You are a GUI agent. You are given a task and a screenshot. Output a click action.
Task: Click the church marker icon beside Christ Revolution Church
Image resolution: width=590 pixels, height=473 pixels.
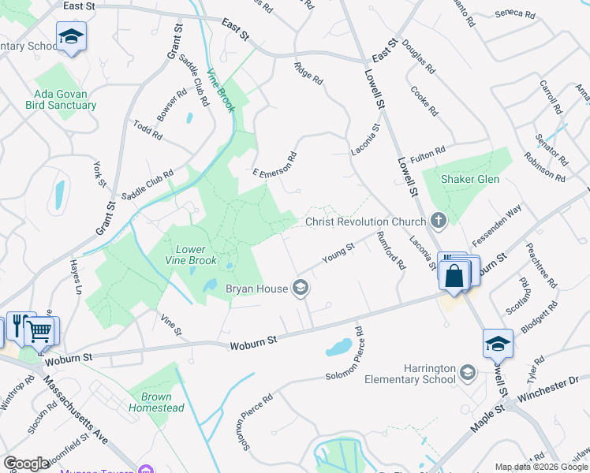pos(439,222)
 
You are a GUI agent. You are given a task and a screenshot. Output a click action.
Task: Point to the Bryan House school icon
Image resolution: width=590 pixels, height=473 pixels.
pos(300,289)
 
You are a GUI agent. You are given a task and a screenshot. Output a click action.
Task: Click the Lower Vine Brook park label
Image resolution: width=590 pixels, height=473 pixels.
pos(190,255)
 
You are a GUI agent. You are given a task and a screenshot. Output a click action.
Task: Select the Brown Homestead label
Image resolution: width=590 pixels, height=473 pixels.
pos(162,402)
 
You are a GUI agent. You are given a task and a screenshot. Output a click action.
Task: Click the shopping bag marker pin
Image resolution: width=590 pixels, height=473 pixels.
pos(454,275)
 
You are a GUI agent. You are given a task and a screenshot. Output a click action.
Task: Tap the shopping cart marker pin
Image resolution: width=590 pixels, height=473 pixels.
pos(41,331)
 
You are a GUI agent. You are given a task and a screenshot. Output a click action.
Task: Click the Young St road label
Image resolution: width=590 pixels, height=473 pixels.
pos(339,254)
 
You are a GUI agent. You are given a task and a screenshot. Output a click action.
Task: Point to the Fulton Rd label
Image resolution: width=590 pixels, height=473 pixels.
pos(428,150)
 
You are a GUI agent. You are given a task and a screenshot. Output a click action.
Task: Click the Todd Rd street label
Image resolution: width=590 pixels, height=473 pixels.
pos(147,130)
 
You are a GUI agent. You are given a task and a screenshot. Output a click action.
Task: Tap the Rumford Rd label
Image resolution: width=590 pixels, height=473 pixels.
pos(390,251)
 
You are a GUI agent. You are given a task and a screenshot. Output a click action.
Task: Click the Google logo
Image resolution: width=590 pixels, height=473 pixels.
pos(27,464)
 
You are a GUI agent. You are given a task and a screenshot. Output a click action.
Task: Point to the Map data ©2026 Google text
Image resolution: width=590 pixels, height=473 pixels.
pos(540,467)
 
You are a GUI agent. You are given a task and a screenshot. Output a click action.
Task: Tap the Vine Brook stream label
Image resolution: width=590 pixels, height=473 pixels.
pos(221,91)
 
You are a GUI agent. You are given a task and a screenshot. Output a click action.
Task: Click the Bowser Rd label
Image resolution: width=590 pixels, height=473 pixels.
pos(171,104)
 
